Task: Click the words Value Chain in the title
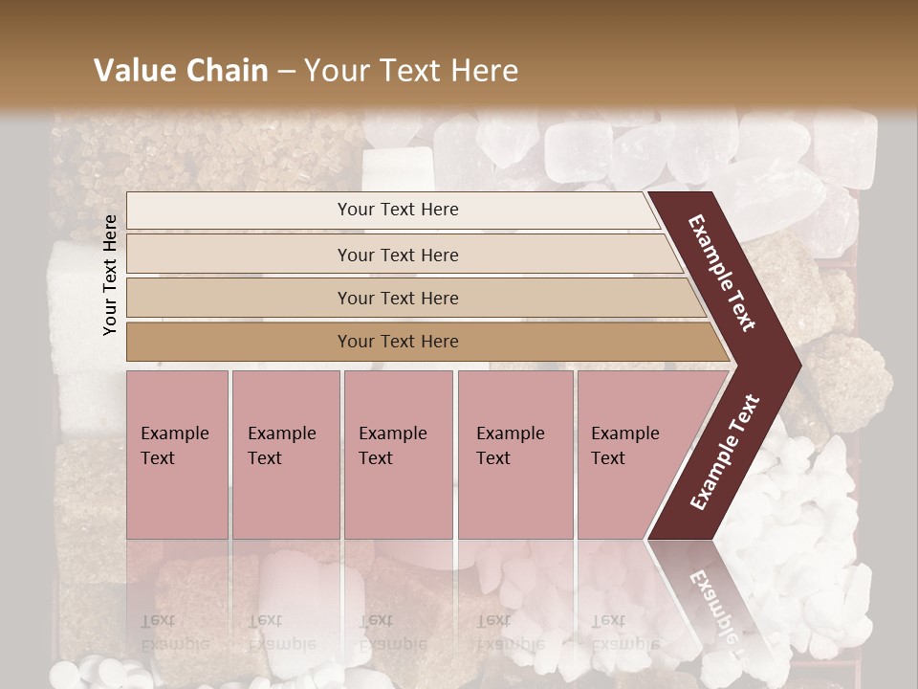(181, 71)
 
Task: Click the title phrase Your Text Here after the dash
(411, 71)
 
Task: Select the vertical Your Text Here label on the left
(110, 275)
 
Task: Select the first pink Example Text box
(177, 455)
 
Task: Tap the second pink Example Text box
(285, 455)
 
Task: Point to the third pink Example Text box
(398, 455)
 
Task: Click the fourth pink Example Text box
(515, 455)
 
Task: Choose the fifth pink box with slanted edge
(631, 455)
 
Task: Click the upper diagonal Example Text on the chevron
(722, 272)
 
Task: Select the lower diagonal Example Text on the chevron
(725, 453)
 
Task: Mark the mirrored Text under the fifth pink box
(607, 620)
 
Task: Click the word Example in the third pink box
(392, 433)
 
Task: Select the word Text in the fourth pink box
(493, 458)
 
